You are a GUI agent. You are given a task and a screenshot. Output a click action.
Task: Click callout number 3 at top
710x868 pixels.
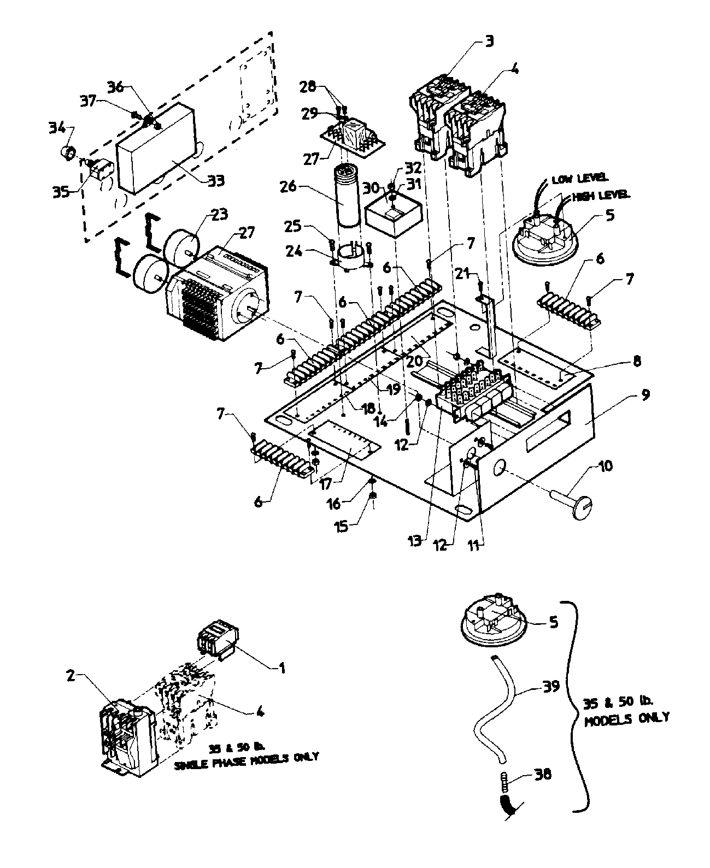489,42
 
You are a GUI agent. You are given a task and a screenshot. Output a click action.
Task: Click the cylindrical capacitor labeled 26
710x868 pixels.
345,196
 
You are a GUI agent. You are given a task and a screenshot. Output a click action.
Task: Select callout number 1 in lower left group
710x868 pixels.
282,667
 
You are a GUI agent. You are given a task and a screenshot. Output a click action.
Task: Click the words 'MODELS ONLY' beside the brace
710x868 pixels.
626,719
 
